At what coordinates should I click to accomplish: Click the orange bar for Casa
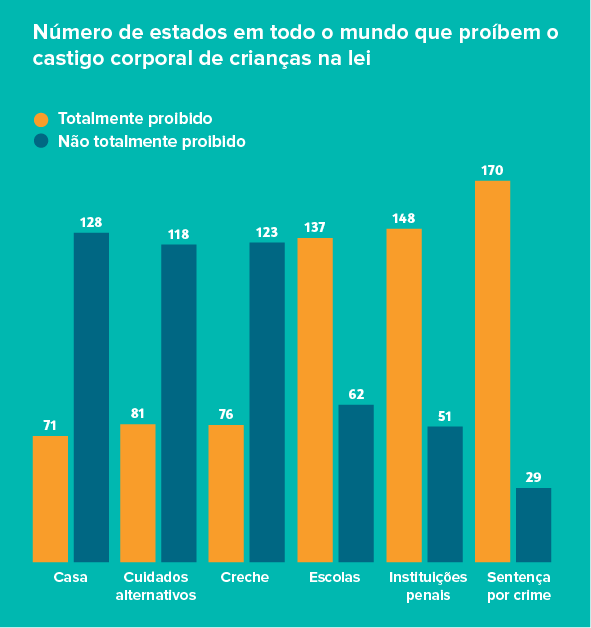tap(50, 498)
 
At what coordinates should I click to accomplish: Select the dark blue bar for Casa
tap(91, 397)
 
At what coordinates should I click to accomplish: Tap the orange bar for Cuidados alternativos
tap(138, 492)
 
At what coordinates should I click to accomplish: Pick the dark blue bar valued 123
tap(267, 401)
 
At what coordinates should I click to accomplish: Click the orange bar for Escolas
tap(315, 399)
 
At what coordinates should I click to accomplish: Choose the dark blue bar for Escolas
tap(356, 483)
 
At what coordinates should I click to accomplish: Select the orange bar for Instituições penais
tap(404, 395)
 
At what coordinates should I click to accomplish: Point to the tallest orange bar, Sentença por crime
tap(492, 371)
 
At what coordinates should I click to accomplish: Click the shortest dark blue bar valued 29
tap(533, 524)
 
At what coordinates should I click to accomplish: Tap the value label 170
tap(492, 171)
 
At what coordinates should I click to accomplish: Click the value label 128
tap(91, 222)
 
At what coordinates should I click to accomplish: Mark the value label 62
tap(356, 394)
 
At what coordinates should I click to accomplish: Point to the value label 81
tap(138, 413)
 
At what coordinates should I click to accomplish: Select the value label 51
tap(444, 416)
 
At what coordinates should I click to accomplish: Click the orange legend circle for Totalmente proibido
tap(41, 119)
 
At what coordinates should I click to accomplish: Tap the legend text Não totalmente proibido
tap(151, 142)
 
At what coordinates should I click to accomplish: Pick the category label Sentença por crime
tap(518, 586)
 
